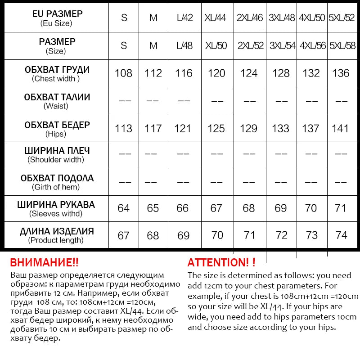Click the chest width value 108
[124, 73]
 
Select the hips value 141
[340, 129]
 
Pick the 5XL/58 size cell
[342, 46]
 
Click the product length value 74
[342, 235]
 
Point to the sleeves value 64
[123, 208]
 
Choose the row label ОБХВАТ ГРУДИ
[57, 70]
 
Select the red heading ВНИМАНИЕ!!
[44, 263]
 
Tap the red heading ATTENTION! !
[221, 263]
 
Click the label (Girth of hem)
[56, 187]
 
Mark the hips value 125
[216, 129]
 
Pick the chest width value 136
[341, 73]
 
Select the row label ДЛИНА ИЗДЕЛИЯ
[57, 231]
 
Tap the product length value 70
[217, 235]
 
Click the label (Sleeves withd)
[56, 214]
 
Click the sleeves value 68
[249, 208]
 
